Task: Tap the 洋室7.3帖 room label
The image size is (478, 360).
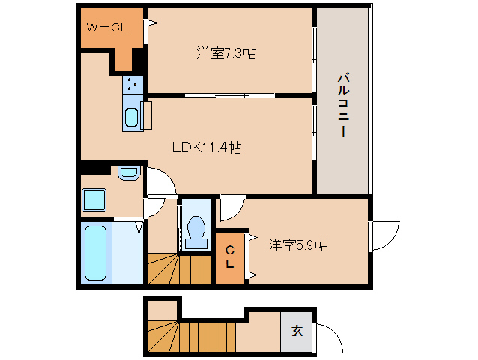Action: (x=227, y=53)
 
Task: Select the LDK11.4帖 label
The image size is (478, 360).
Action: (x=206, y=148)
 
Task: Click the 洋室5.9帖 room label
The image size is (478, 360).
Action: (x=298, y=244)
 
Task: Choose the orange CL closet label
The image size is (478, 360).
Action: (x=230, y=257)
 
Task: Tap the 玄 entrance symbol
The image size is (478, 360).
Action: (x=297, y=331)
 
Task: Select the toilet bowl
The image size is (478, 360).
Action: (x=197, y=229)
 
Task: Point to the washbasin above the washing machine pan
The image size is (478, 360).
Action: (x=129, y=174)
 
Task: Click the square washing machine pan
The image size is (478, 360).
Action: (x=95, y=200)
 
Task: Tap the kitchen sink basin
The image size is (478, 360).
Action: (x=131, y=118)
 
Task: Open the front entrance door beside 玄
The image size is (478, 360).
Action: (x=328, y=337)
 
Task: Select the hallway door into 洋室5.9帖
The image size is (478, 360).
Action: (x=231, y=208)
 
